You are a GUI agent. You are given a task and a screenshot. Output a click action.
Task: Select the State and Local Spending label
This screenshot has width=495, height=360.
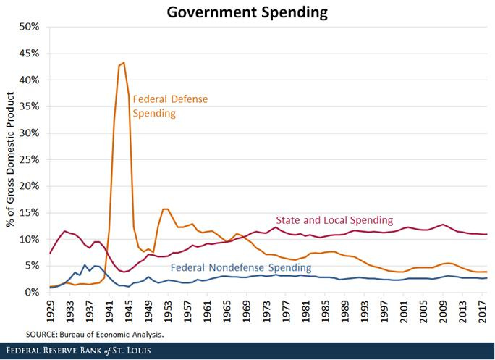334,219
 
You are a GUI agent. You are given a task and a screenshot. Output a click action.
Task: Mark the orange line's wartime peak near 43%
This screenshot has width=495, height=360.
124,62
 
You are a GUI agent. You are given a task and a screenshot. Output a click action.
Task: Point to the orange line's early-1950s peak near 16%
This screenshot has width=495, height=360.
166,209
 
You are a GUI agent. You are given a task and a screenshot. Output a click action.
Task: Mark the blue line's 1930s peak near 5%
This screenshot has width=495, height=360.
85,265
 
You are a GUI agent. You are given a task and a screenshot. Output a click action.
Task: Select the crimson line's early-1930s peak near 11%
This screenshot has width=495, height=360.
65,231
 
